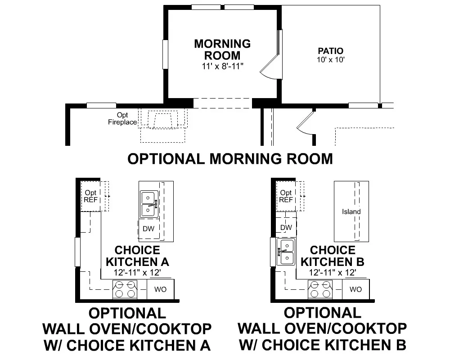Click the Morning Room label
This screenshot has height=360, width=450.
(x=222, y=49)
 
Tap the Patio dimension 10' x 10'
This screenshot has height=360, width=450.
(x=331, y=60)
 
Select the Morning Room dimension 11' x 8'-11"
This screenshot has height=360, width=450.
(x=222, y=66)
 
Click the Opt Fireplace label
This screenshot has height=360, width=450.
(x=122, y=118)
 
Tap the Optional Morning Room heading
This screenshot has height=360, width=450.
(x=230, y=159)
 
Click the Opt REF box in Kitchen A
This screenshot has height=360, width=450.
(x=91, y=196)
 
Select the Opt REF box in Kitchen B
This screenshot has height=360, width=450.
(x=286, y=196)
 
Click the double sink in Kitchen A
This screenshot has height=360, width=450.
(x=149, y=204)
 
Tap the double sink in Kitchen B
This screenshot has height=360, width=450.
(x=286, y=252)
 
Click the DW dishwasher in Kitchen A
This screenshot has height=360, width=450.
(x=148, y=229)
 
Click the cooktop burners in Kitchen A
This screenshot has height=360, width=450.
(x=125, y=289)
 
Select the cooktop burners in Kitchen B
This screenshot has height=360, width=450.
(x=320, y=289)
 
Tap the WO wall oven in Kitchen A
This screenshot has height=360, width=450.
(x=161, y=289)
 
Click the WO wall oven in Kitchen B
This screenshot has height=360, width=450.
(x=356, y=289)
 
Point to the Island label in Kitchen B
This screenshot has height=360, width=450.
(x=351, y=211)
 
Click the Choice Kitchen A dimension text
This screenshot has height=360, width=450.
(x=137, y=272)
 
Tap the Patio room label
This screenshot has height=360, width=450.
(x=331, y=51)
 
